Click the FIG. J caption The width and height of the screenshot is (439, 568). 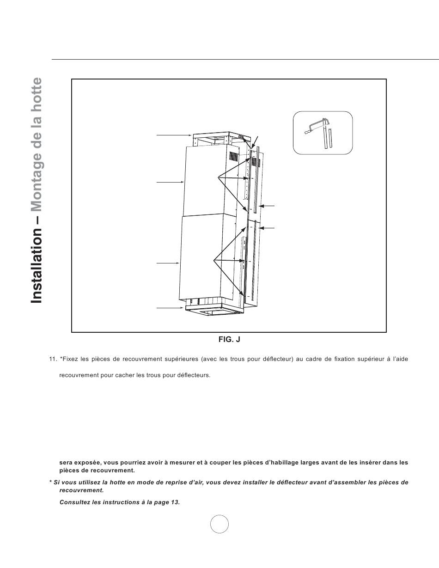pos(229,340)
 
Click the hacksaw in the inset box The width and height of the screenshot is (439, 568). pos(316,126)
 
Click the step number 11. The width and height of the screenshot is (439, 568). pos(53,359)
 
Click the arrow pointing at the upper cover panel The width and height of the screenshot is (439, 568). pos(170,183)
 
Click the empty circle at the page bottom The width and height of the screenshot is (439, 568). pos(219,524)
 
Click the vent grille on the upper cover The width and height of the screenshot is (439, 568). pos(235,157)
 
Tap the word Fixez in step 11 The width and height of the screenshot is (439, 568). pos(71,359)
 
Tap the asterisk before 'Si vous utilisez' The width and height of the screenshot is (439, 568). pos(50,482)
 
